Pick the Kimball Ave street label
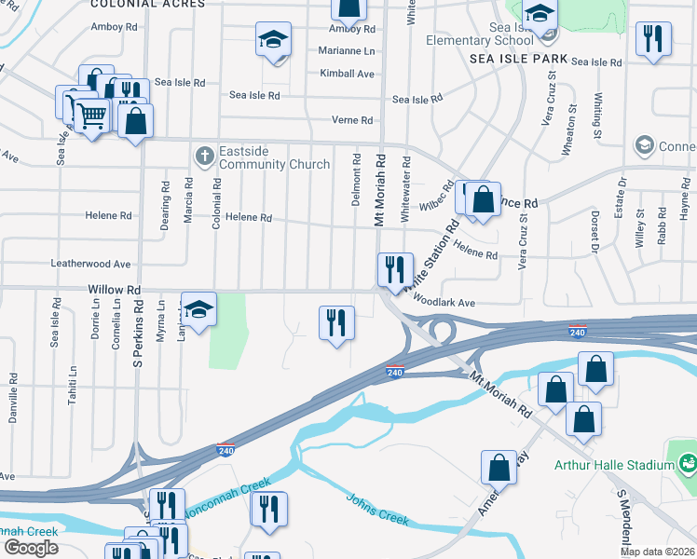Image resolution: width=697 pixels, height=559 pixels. click(347, 74)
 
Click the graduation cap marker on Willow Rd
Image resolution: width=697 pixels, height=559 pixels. click(198, 309)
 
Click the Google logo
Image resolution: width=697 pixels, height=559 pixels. click(31, 548)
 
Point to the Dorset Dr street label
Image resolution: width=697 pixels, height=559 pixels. click(593, 235)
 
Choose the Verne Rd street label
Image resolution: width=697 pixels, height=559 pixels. click(352, 120)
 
